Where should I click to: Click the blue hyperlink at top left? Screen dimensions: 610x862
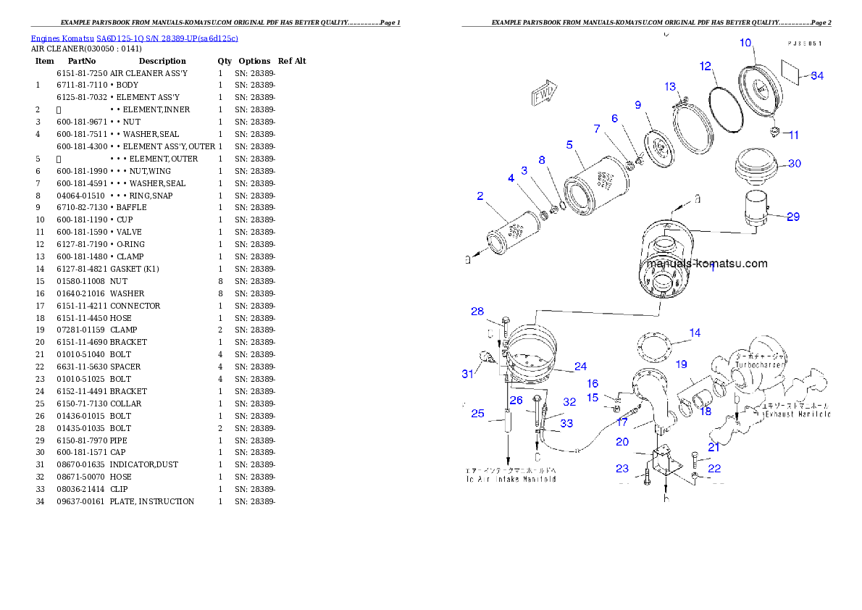click(x=134, y=38)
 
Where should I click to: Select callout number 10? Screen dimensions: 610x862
click(x=745, y=43)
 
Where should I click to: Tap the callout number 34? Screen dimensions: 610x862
click(x=816, y=75)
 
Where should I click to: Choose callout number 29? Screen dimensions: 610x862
click(x=793, y=217)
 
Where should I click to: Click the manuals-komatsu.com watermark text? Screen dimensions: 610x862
click(x=706, y=264)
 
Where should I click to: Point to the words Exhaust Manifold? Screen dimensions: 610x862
click(x=795, y=414)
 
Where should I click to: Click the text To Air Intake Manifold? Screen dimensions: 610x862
click(x=511, y=479)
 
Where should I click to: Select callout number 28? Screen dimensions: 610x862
click(x=477, y=312)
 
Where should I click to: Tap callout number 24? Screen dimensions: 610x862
click(x=580, y=367)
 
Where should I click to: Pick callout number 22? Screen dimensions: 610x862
click(x=714, y=469)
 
